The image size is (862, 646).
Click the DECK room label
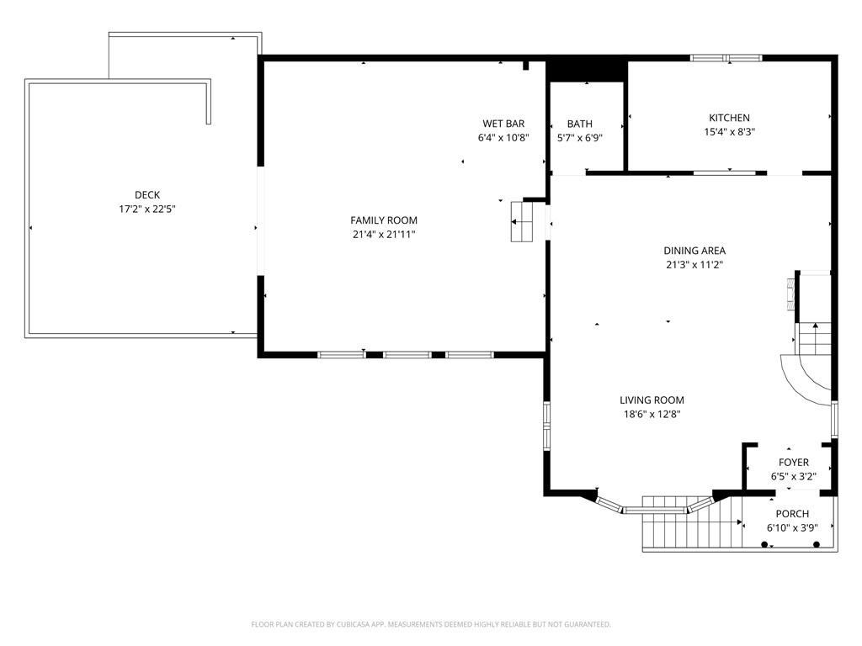[147, 195]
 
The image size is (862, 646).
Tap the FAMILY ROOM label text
[384, 220]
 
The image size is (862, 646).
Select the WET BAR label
[503, 124]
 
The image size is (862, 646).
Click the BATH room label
[580, 124]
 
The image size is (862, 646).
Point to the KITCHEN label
[729, 118]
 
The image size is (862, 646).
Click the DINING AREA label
[694, 251]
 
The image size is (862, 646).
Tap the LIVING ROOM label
[652, 400]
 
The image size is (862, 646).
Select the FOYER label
[793, 463]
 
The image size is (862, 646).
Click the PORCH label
[792, 514]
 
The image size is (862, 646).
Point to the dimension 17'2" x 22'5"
[147, 209]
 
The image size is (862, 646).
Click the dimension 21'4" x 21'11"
[384, 235]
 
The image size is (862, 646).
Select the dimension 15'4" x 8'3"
[729, 132]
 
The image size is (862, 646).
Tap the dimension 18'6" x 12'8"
[652, 414]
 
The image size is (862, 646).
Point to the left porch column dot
[764, 545]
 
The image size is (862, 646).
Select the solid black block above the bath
[588, 69]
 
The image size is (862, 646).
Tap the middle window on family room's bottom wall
[407, 355]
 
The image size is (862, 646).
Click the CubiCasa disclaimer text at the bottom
[431, 624]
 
